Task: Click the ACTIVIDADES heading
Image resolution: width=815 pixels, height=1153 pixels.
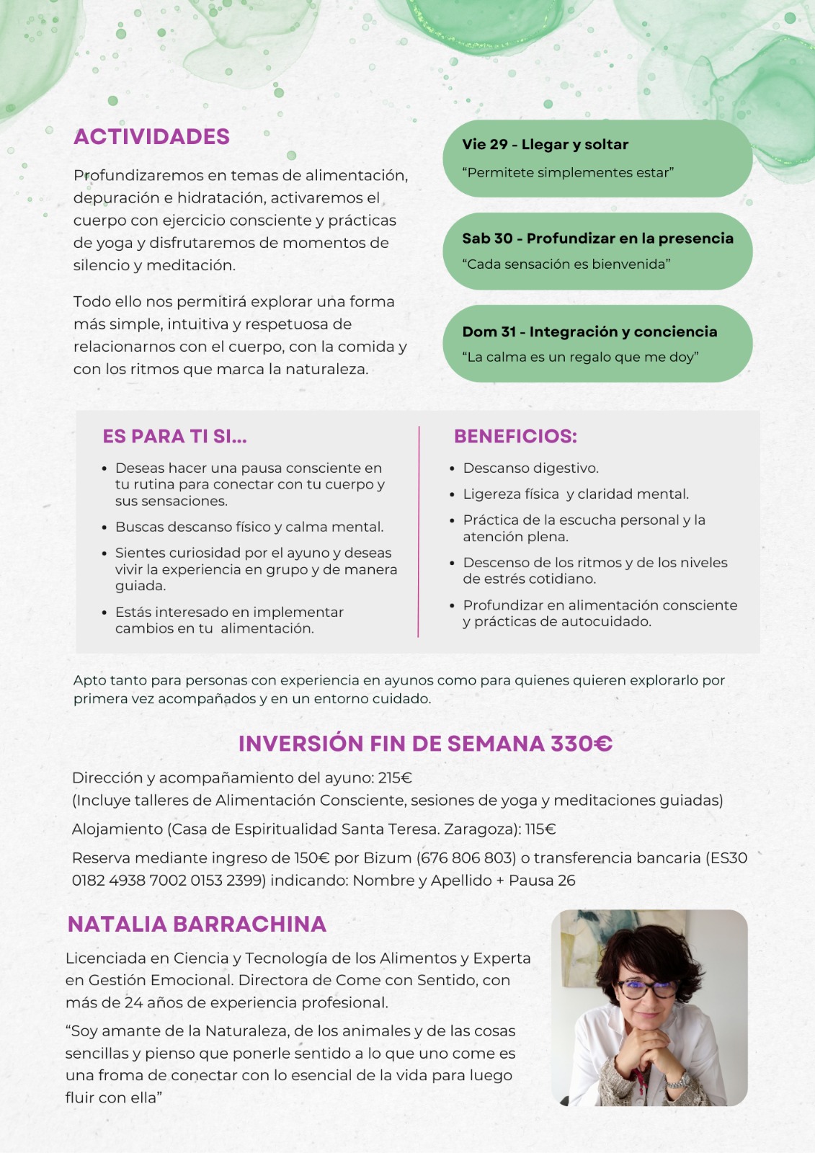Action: click(x=151, y=137)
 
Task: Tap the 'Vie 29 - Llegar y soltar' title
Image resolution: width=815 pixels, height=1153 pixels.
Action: click(x=545, y=144)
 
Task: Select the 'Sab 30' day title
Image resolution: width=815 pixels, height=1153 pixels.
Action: click(x=597, y=239)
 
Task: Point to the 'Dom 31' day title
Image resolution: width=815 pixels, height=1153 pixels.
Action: click(x=589, y=331)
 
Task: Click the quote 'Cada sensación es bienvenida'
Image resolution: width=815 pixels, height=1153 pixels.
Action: click(x=566, y=264)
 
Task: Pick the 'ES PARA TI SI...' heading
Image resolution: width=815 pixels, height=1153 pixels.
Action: click(x=174, y=437)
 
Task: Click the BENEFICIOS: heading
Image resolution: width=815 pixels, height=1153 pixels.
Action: click(x=515, y=437)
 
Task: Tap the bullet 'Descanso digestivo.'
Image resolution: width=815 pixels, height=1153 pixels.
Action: click(x=530, y=468)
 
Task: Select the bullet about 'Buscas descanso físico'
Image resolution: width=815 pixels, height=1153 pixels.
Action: click(x=249, y=527)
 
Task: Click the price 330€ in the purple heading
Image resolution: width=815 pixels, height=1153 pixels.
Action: click(x=581, y=744)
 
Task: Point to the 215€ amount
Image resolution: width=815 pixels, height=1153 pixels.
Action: click(x=395, y=778)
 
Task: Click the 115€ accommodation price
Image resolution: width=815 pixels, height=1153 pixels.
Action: click(x=540, y=829)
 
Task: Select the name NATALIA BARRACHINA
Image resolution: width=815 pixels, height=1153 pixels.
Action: click(x=197, y=925)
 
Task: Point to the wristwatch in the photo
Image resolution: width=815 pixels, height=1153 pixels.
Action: click(x=677, y=1080)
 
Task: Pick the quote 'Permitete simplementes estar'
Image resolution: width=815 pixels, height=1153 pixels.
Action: click(x=568, y=173)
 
